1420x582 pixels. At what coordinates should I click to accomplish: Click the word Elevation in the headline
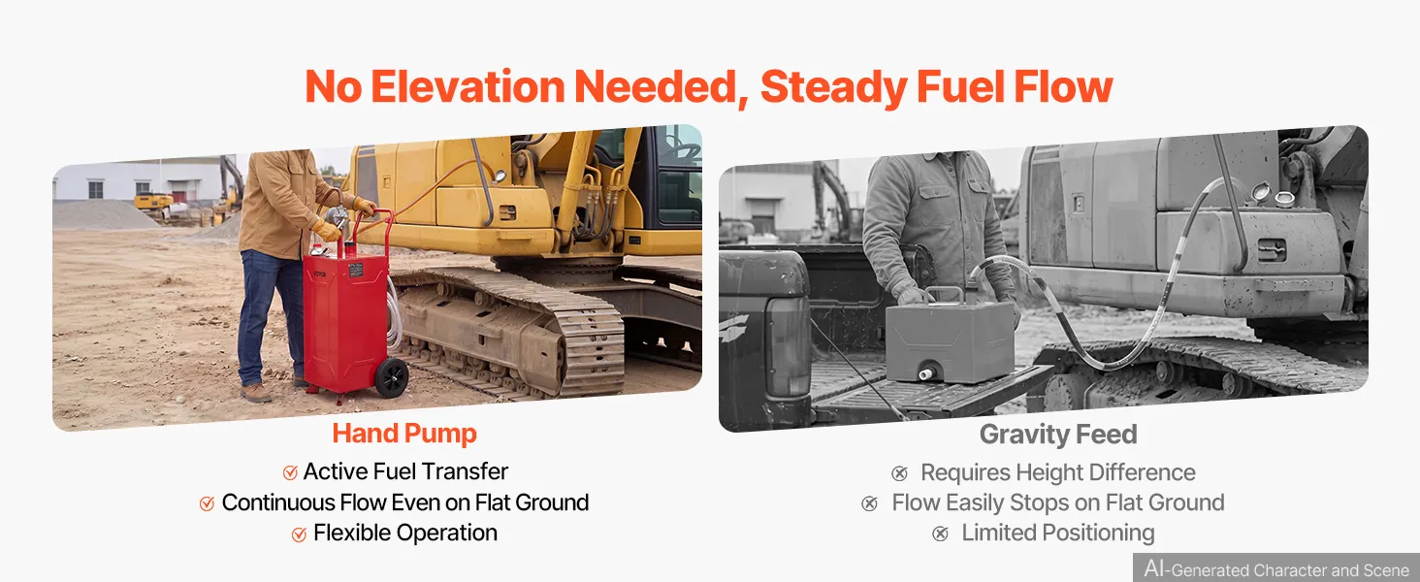(x=468, y=87)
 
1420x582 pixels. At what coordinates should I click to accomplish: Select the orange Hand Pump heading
(x=404, y=434)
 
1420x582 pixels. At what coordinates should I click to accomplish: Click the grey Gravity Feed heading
(x=1058, y=435)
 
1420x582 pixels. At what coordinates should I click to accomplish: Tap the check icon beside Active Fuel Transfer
(x=290, y=472)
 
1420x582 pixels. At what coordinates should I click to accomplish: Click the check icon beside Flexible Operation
(x=299, y=534)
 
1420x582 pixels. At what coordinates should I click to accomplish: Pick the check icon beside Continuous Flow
(x=208, y=503)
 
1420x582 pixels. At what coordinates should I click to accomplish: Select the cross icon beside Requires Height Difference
(x=899, y=473)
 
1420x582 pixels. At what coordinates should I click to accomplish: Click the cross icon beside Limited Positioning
(x=941, y=533)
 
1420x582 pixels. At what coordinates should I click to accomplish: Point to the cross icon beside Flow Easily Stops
(x=870, y=504)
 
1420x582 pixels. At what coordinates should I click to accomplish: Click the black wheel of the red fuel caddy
(x=391, y=378)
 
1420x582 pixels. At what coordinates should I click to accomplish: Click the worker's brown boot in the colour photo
(x=256, y=394)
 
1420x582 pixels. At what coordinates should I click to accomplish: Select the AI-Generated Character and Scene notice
(x=1276, y=568)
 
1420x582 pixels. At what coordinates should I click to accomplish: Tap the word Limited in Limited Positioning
(x=998, y=533)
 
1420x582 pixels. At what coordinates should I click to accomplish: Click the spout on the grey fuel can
(x=925, y=374)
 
